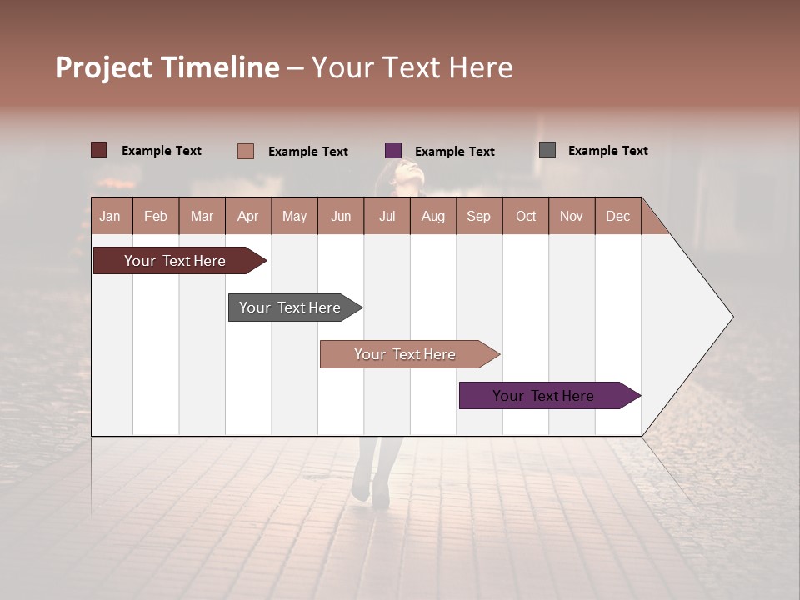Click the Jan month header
click(111, 216)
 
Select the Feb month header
click(156, 216)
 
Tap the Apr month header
click(247, 216)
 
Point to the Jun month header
click(341, 216)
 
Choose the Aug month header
click(432, 216)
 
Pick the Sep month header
click(478, 216)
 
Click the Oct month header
click(526, 216)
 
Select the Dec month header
click(617, 216)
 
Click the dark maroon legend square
click(98, 150)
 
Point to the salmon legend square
click(245, 151)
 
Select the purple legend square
click(393, 151)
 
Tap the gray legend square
click(547, 150)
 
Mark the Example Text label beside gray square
click(607, 151)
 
